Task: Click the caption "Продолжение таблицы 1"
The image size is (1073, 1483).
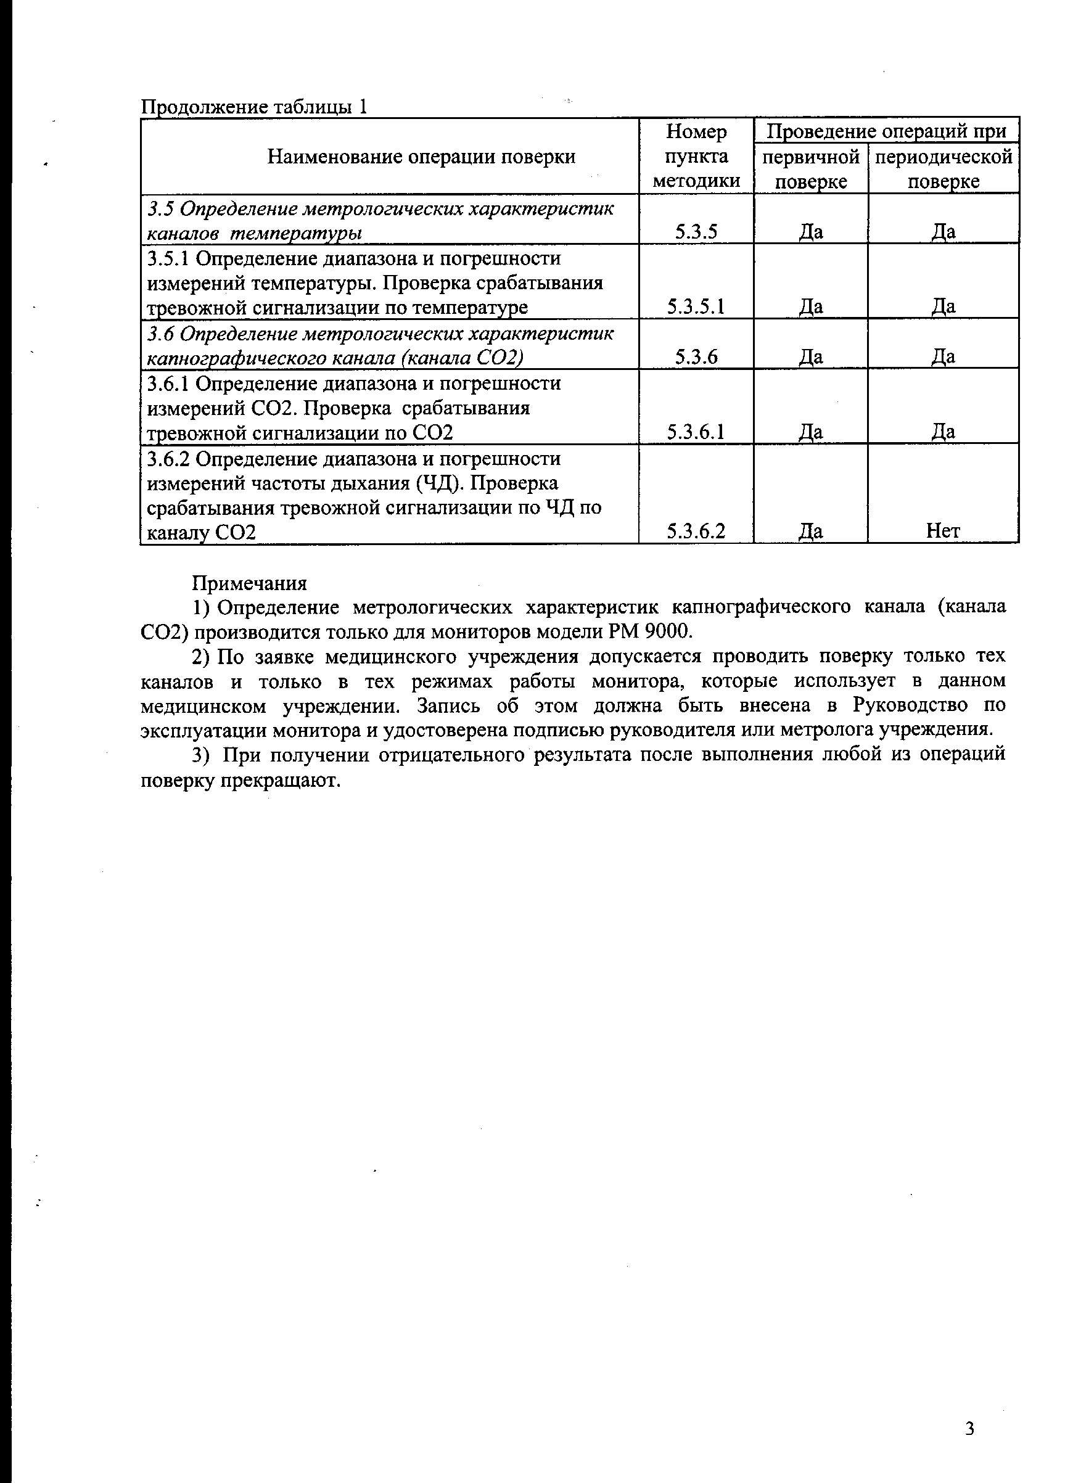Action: tap(254, 107)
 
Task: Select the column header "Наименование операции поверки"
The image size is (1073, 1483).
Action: tap(421, 156)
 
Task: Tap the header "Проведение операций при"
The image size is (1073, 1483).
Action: tap(886, 131)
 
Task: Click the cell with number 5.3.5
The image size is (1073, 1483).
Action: tap(696, 231)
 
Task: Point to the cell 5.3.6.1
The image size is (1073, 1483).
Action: tap(696, 432)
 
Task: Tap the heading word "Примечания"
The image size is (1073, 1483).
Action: tap(249, 583)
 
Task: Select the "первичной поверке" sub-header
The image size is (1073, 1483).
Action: tap(811, 169)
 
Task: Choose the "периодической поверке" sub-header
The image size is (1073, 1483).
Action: tap(943, 169)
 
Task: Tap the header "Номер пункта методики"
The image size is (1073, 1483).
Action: tap(696, 156)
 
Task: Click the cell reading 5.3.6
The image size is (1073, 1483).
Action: tap(696, 357)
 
